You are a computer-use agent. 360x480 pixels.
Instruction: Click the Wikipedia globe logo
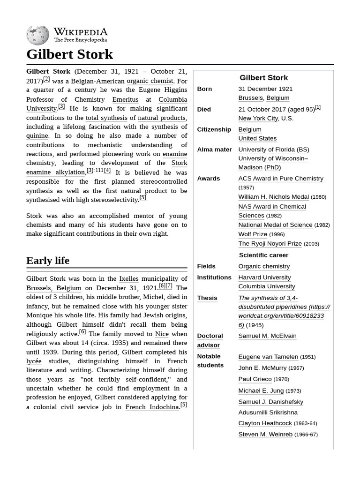click(37, 35)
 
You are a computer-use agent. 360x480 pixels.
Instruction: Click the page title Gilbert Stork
click(69, 54)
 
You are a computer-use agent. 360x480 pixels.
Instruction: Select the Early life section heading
click(48, 261)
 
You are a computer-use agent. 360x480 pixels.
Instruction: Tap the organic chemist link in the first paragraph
click(150, 81)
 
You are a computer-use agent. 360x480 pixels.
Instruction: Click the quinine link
click(37, 135)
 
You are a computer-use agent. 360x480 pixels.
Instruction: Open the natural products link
click(162, 118)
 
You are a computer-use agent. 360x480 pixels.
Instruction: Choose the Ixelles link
click(128, 279)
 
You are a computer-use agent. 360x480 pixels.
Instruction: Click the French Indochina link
click(152, 407)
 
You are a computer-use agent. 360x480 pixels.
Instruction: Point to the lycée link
click(34, 361)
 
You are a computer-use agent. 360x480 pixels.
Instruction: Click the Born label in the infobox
click(204, 89)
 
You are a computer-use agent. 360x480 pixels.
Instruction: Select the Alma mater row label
click(214, 150)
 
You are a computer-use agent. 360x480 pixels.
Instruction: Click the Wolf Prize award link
click(253, 234)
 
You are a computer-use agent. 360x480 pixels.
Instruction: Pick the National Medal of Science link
click(275, 225)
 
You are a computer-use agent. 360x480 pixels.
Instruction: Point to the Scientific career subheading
click(263, 255)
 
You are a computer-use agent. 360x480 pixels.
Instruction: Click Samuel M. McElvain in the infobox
click(267, 336)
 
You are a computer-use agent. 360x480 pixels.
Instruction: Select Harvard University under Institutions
click(264, 277)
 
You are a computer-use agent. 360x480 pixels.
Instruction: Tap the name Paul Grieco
click(255, 379)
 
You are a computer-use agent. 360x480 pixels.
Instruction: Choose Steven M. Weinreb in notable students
click(265, 435)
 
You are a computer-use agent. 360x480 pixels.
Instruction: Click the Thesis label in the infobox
click(207, 298)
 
